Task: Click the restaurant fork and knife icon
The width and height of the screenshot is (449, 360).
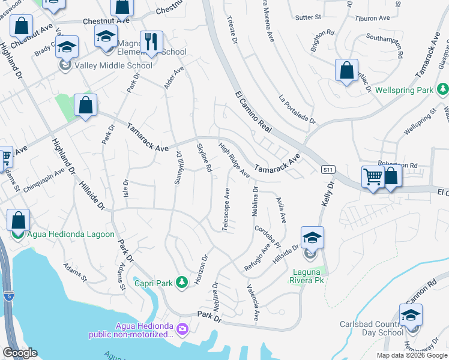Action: coord(149,42)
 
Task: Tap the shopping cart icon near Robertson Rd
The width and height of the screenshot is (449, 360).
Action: coord(373,177)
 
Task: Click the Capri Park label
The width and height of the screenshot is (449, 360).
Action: coord(153,283)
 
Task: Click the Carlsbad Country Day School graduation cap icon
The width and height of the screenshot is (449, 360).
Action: coord(411,314)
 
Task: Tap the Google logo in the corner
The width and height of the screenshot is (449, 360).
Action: coord(20,353)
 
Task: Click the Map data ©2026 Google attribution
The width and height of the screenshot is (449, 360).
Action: coord(411,355)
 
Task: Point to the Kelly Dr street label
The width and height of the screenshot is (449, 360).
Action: coord(327,197)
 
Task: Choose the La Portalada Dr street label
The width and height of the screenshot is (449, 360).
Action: coord(297,110)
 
